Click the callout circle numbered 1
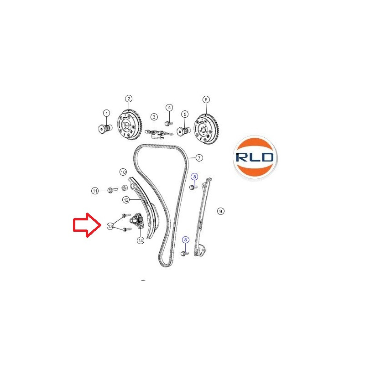click(107, 113)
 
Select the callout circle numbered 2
click(129, 99)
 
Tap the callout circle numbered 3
click(154, 117)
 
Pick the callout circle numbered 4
click(169, 108)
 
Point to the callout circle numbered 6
click(206, 99)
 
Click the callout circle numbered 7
click(199, 158)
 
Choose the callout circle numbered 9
click(220, 211)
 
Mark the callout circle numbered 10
click(123, 172)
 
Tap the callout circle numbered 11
click(95, 191)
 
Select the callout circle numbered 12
click(126, 200)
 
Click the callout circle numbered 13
click(110, 226)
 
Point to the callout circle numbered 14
click(141, 240)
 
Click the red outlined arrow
click(87, 225)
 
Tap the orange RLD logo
click(255, 157)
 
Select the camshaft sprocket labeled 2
click(129, 125)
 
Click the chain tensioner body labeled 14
click(137, 220)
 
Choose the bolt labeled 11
click(112, 190)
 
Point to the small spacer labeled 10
click(124, 188)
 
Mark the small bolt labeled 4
click(168, 123)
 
